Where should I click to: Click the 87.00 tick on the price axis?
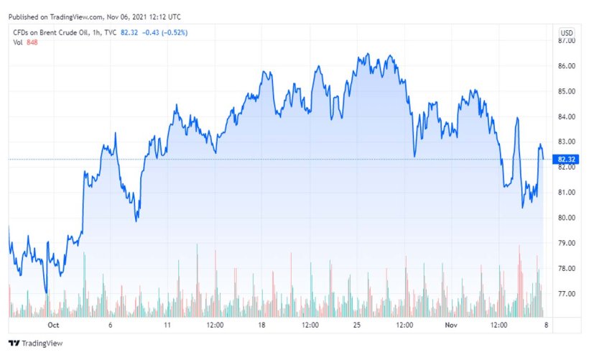(x=567, y=41)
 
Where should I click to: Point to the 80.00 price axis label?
(x=567, y=218)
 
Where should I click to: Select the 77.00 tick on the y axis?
(x=567, y=294)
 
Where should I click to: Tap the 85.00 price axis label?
(x=567, y=91)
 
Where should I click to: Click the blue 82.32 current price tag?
(x=567, y=160)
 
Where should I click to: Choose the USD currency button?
(x=567, y=33)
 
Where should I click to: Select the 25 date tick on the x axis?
(x=356, y=325)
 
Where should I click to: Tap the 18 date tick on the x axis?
(x=262, y=325)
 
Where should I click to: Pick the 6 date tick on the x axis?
(x=111, y=325)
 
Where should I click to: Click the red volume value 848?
(x=32, y=42)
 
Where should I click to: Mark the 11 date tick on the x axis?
(x=167, y=325)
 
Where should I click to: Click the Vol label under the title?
(x=18, y=42)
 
